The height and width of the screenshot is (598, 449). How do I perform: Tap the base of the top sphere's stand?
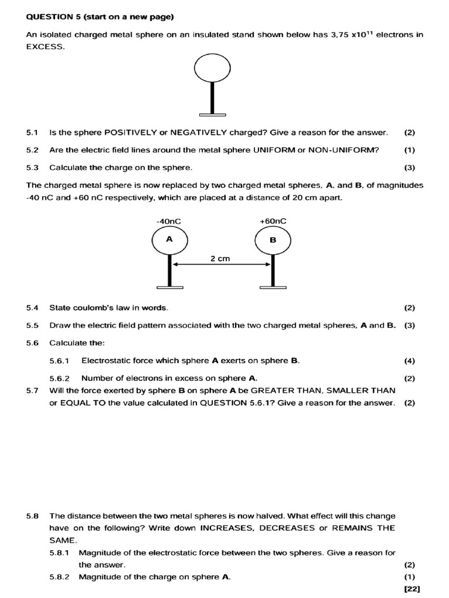point(212,113)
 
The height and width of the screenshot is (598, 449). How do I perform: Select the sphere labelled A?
point(169,240)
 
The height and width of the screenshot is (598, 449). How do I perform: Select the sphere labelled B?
point(272,240)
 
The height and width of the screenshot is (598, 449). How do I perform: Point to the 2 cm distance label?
point(220,259)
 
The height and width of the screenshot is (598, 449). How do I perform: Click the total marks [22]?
point(412,589)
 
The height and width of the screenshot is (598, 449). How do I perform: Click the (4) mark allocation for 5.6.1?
point(409,360)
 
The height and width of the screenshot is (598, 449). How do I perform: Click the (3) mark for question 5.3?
point(409,168)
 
